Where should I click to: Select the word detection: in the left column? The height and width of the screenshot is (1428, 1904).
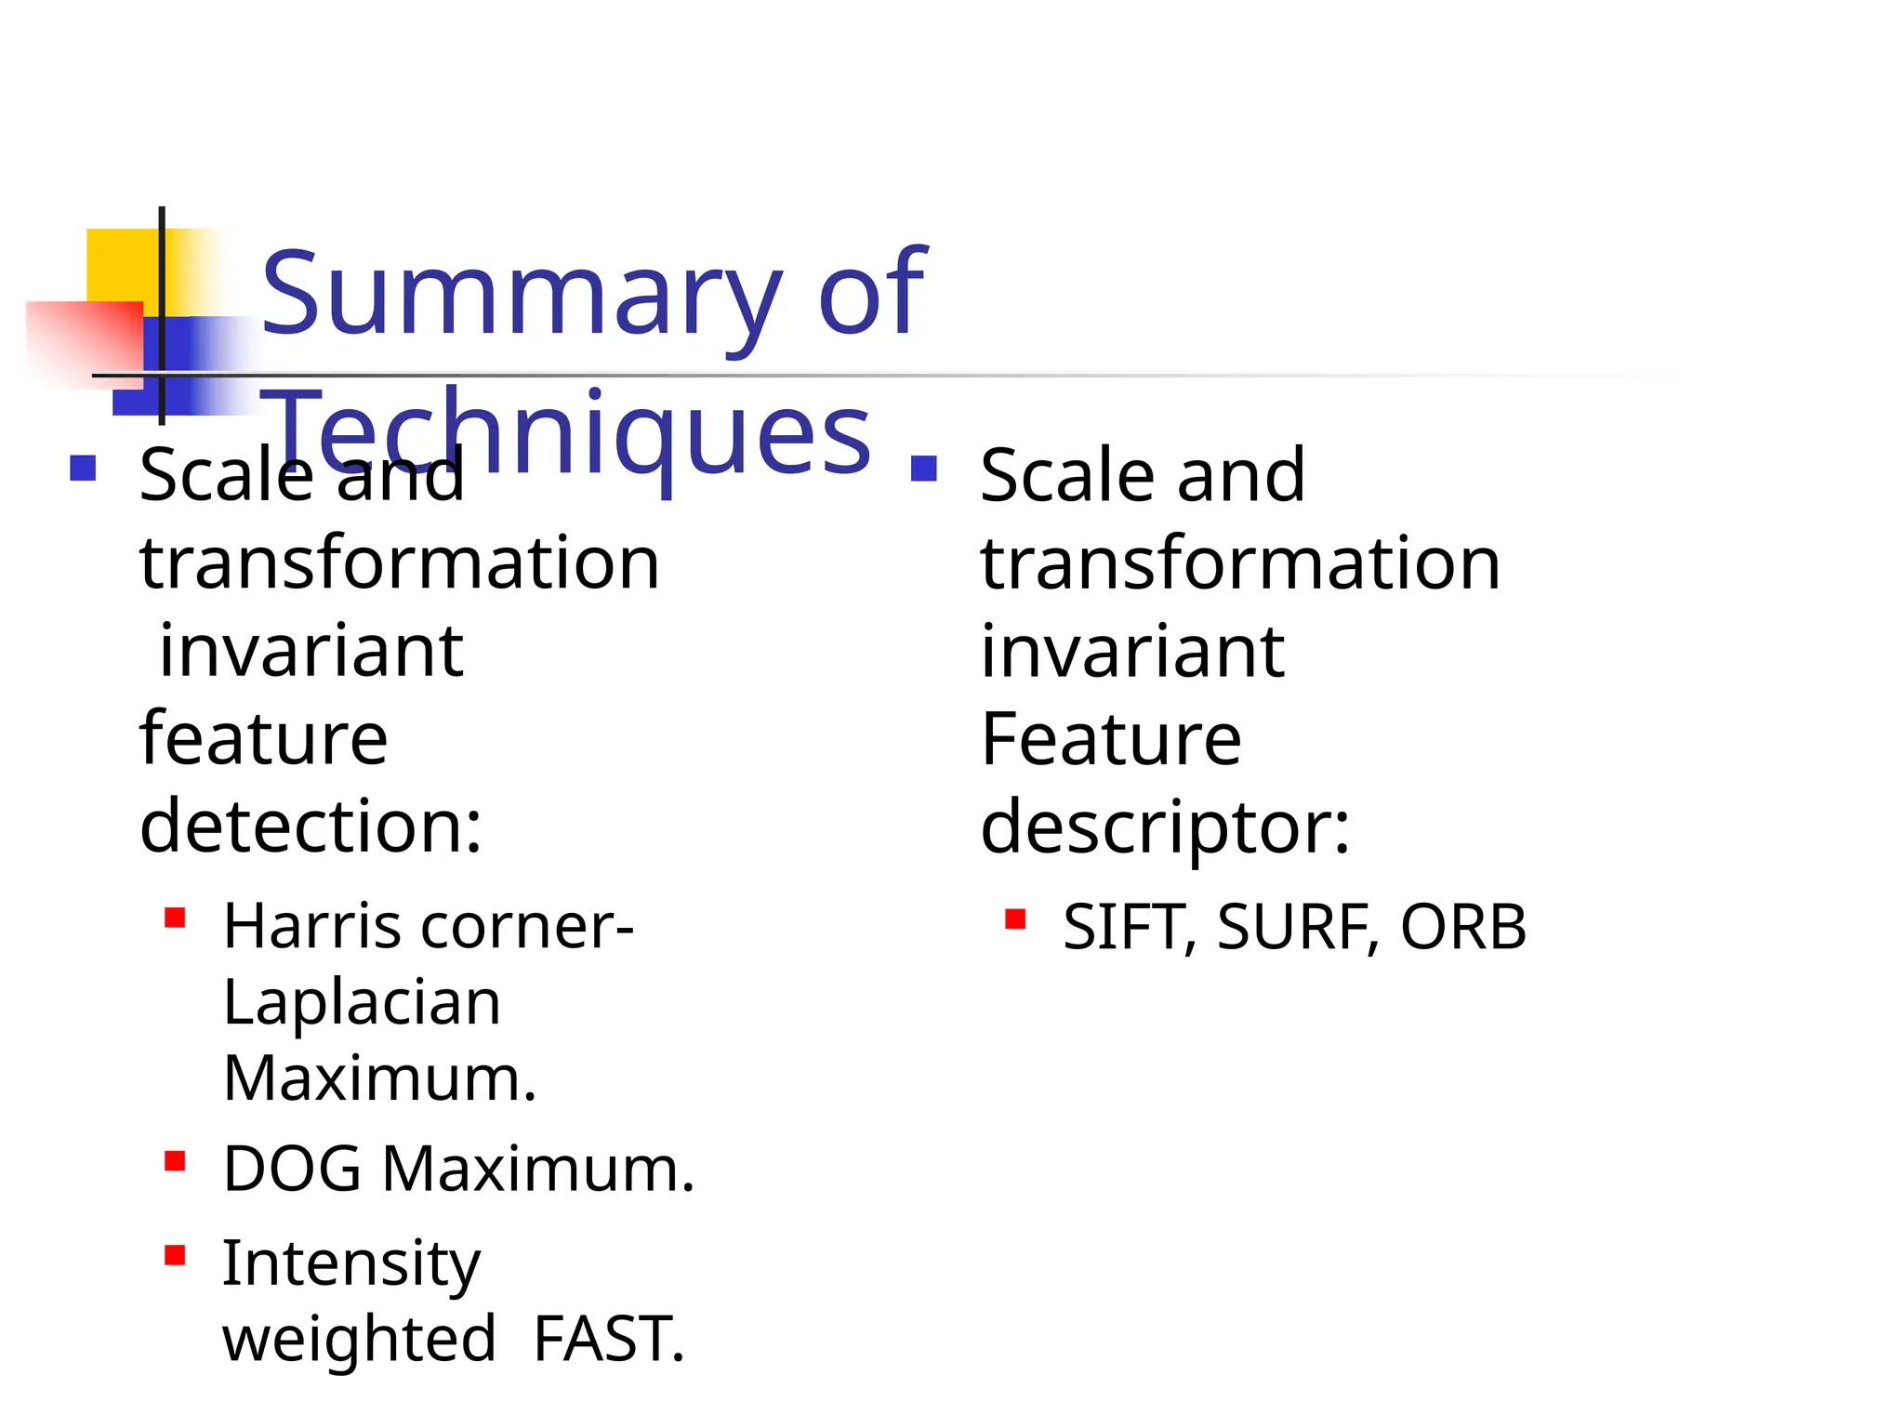(311, 826)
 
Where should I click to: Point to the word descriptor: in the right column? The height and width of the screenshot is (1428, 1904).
(1165, 828)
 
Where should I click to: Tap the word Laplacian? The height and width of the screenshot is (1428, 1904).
(362, 1003)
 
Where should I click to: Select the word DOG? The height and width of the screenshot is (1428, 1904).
(292, 1169)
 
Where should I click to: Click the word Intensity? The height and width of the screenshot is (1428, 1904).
(351, 1265)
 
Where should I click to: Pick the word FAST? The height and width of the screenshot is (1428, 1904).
(609, 1340)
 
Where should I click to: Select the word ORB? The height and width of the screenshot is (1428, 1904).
(1462, 928)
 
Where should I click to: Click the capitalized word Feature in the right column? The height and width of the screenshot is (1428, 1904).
(1111, 740)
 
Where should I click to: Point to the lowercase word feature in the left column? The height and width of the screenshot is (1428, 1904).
(263, 740)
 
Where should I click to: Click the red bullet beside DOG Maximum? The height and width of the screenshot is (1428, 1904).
(175, 1161)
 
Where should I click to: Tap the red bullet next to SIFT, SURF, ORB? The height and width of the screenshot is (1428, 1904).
(1015, 919)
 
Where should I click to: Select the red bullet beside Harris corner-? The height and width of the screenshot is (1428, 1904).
(175, 919)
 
